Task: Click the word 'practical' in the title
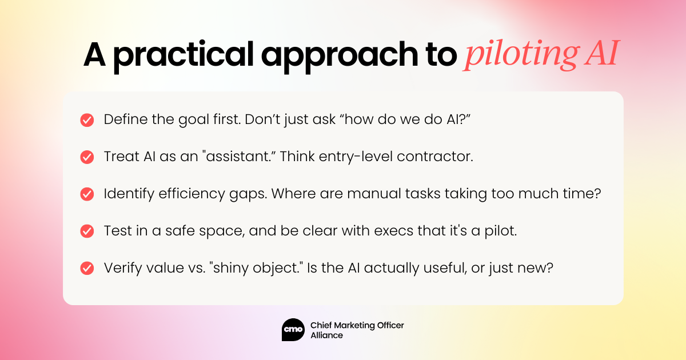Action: pyautogui.click(x=184, y=56)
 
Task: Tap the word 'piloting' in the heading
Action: pyautogui.click(x=521, y=55)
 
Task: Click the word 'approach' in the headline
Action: pyautogui.click(x=340, y=56)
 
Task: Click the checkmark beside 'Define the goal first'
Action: pyautogui.click(x=87, y=120)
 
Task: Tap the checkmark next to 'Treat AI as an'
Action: pyautogui.click(x=87, y=157)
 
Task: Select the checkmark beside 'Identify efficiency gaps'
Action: pyautogui.click(x=87, y=194)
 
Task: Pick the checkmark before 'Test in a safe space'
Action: pyautogui.click(x=87, y=231)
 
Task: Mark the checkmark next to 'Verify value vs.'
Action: pyautogui.click(x=87, y=268)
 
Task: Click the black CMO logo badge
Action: pyautogui.click(x=293, y=330)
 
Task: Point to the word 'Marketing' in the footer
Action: pyautogui.click(x=351, y=325)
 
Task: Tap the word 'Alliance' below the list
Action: pyautogui.click(x=327, y=335)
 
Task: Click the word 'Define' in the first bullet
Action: pyautogui.click(x=126, y=119)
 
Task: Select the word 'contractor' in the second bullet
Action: pyautogui.click(x=435, y=157)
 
